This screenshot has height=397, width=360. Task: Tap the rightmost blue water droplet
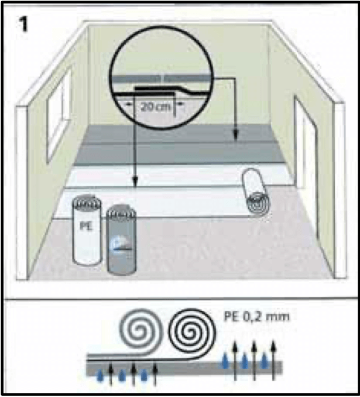pos(268,357)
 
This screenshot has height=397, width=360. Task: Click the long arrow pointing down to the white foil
pos(135,152)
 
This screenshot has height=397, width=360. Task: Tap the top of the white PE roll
pos(85,202)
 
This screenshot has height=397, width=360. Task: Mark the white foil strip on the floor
pos(176,176)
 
